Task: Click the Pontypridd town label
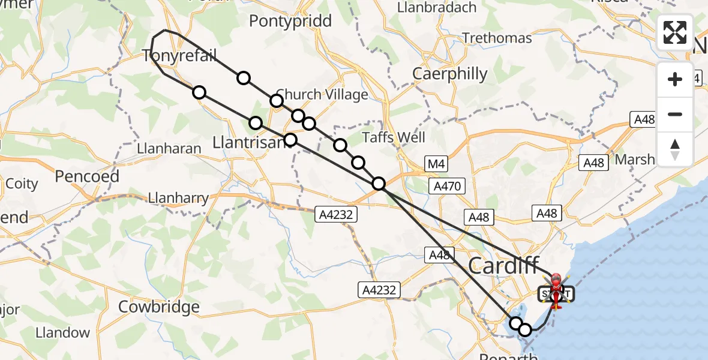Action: click(290, 21)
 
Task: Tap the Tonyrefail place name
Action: click(179, 56)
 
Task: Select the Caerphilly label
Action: click(450, 74)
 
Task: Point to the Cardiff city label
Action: click(503, 266)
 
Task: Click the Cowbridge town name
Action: click(158, 307)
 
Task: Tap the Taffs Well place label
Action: click(394, 137)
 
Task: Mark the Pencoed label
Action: click(87, 176)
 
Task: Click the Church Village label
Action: click(322, 94)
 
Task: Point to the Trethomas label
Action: click(497, 38)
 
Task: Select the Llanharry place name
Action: click(179, 197)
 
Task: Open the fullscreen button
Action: click(675, 32)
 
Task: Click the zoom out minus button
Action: click(675, 114)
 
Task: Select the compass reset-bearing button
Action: click(675, 149)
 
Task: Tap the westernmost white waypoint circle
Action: click(199, 92)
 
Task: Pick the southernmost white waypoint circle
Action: click(525, 329)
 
